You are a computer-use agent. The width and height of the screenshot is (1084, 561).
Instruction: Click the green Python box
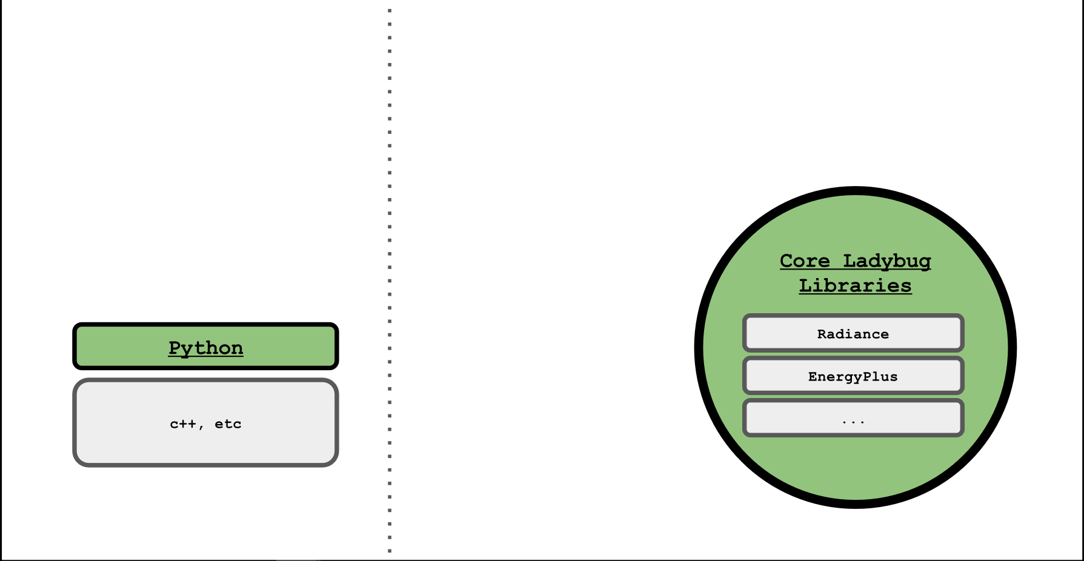pyautogui.click(x=205, y=346)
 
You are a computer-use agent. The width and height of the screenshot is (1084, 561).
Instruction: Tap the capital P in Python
pyautogui.click(x=174, y=348)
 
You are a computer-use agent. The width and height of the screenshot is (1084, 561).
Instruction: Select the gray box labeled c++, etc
pyautogui.click(x=205, y=423)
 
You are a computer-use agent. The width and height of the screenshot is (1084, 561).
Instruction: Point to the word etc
pyautogui.click(x=228, y=424)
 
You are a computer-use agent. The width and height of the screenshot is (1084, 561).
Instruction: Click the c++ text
pyautogui.click(x=183, y=424)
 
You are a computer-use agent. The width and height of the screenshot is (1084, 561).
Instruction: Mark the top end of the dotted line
pyautogui.click(x=390, y=10)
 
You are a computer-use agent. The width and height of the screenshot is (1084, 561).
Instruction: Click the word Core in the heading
pyautogui.click(x=805, y=261)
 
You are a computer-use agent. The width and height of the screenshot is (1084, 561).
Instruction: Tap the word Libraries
pyautogui.click(x=855, y=285)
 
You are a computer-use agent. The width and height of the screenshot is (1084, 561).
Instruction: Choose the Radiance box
pyautogui.click(x=853, y=333)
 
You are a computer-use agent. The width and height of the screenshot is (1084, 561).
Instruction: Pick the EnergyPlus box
pyautogui.click(x=853, y=376)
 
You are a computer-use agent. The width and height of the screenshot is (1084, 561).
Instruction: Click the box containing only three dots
pyautogui.click(x=853, y=418)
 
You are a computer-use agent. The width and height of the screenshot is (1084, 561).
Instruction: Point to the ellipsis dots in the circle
pyautogui.click(x=853, y=422)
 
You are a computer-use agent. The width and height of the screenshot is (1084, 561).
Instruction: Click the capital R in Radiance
pyautogui.click(x=822, y=334)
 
